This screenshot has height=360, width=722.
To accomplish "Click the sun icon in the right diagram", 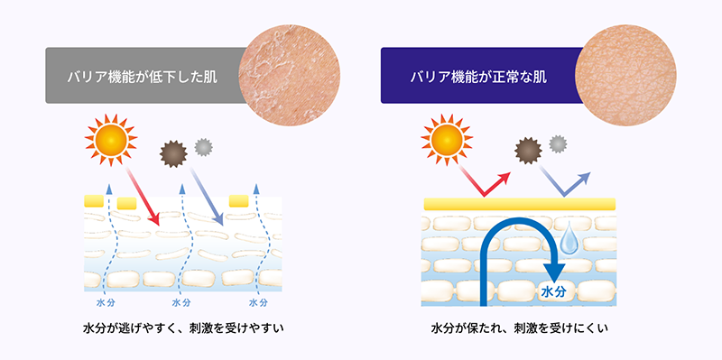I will coord(445,140).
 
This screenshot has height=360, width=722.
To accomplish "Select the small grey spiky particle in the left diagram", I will coord(203,144).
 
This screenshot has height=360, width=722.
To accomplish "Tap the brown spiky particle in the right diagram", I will coord(526,152).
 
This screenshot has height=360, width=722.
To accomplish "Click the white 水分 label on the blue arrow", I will coord(552,292).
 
